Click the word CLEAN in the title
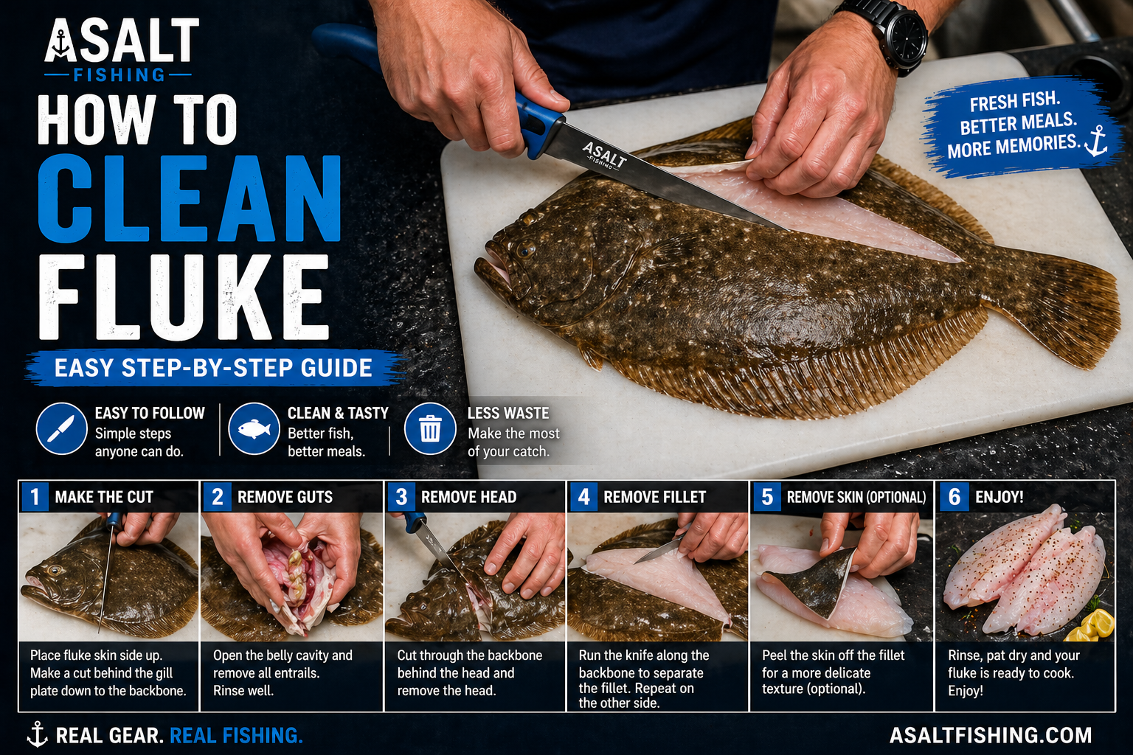189,199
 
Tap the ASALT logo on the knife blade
603,156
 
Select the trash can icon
430,428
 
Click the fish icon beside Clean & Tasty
254,428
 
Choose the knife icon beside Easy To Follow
61,428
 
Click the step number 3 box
401,497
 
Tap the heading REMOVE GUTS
285,497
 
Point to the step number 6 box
954,497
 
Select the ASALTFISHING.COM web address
990,735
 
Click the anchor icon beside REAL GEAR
36,734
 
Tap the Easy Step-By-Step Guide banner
213,368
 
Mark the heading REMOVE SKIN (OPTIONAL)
856,497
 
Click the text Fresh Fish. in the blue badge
1014,102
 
